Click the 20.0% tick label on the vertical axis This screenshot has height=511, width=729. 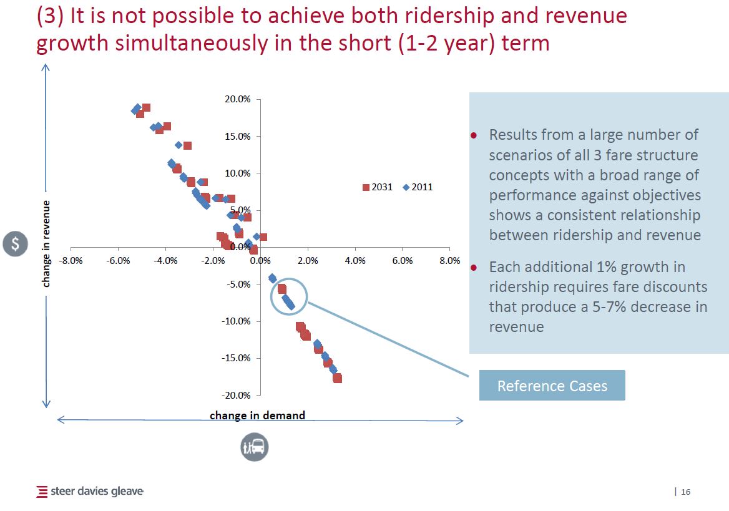(x=238, y=99)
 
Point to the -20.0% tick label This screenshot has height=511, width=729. (x=237, y=395)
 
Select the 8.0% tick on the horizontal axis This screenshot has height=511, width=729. (x=450, y=261)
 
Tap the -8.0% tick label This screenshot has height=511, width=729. (x=71, y=261)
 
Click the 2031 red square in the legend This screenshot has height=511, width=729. (x=366, y=187)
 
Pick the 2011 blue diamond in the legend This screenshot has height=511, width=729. (x=406, y=187)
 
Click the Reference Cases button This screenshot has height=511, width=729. (x=552, y=386)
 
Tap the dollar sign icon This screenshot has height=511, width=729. (x=15, y=244)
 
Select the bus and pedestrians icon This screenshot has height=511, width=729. (x=255, y=447)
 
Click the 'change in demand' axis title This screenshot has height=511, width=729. (x=257, y=416)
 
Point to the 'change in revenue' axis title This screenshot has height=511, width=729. (x=46, y=243)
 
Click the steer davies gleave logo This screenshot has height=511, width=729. (x=91, y=492)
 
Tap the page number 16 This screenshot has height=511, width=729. (x=686, y=492)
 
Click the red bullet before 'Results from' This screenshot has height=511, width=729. (x=474, y=135)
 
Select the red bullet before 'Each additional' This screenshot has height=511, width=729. (x=474, y=268)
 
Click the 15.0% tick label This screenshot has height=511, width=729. (x=238, y=136)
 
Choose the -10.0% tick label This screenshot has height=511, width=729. (x=237, y=321)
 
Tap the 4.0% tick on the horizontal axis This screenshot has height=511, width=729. (x=355, y=261)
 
